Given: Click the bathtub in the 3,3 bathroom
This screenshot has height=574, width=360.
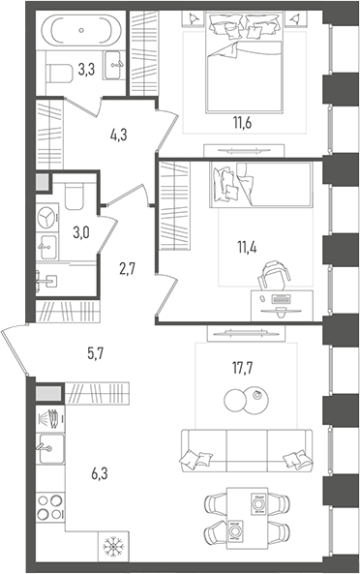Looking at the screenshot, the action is (x=81, y=30).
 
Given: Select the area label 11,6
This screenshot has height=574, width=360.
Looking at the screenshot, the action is (x=243, y=123).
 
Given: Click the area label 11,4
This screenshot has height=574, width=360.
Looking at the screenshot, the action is (x=247, y=248).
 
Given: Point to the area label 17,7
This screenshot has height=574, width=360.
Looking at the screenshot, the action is (x=243, y=368).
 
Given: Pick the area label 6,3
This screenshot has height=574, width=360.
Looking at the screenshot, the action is (x=100, y=473).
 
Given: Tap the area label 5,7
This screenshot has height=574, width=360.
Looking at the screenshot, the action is (x=96, y=353).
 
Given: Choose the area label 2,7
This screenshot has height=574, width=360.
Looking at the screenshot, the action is (x=127, y=269).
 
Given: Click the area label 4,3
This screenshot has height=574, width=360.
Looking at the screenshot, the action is (x=118, y=136).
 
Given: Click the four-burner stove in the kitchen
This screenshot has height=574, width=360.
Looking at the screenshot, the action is (x=50, y=507).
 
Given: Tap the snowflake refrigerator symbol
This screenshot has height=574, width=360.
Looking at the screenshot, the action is (x=113, y=546).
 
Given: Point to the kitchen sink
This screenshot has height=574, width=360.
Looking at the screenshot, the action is (x=50, y=448).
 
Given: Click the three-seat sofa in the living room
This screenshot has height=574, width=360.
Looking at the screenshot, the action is (x=247, y=450).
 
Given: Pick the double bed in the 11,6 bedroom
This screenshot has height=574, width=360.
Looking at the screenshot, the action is (x=245, y=62).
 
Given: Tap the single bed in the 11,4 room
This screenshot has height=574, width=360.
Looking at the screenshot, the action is (x=260, y=185).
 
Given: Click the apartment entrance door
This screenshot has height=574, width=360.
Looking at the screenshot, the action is (x=14, y=349).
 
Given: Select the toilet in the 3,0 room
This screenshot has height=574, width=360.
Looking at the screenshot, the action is (x=74, y=196).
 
